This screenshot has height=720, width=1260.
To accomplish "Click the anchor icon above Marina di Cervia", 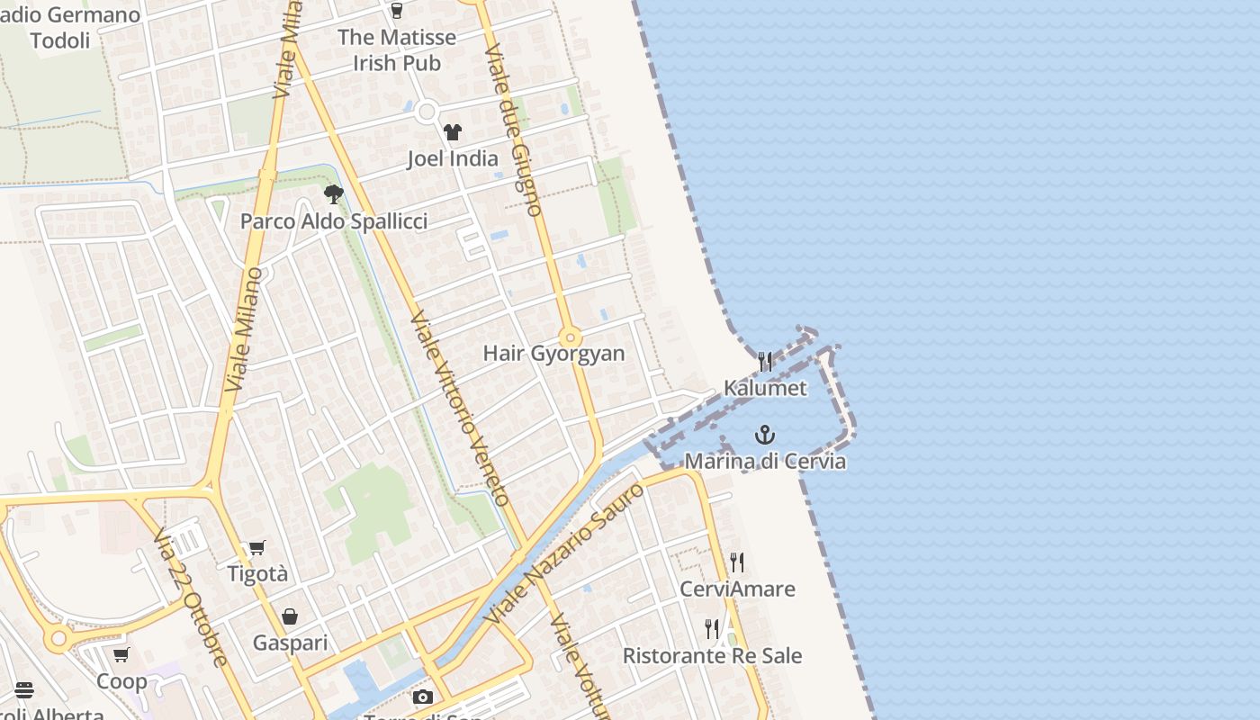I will pyautogui.click(x=764, y=436).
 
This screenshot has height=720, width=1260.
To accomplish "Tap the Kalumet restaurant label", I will pyautogui.click(x=765, y=388).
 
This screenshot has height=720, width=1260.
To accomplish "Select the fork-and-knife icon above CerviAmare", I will pyautogui.click(x=737, y=562).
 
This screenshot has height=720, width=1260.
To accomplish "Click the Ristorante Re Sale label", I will pyautogui.click(x=712, y=655).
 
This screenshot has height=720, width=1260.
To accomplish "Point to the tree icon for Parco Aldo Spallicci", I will pyautogui.click(x=334, y=194).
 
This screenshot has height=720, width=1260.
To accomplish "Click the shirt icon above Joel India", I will pyautogui.click(x=452, y=132).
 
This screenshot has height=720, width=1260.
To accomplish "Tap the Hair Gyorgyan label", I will pyautogui.click(x=553, y=353).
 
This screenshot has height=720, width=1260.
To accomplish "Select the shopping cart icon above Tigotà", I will pyautogui.click(x=257, y=547).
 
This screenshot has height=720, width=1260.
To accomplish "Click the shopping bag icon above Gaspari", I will pyautogui.click(x=290, y=616).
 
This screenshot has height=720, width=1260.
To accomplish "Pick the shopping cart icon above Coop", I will pyautogui.click(x=121, y=654).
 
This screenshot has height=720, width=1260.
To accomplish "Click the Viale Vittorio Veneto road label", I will pyautogui.click(x=460, y=409).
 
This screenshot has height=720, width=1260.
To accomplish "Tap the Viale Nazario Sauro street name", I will pyautogui.click(x=564, y=554).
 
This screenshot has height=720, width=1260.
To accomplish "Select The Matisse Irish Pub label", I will pyautogui.click(x=397, y=50).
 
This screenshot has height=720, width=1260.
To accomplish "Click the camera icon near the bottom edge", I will pyautogui.click(x=422, y=697).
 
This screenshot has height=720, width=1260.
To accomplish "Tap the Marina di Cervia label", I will pyautogui.click(x=765, y=461).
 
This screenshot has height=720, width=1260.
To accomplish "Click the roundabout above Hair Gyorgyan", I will pyautogui.click(x=569, y=338).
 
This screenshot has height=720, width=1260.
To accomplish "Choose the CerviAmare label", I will pyautogui.click(x=737, y=589).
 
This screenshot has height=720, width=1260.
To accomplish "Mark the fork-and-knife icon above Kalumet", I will pyautogui.click(x=765, y=362).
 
